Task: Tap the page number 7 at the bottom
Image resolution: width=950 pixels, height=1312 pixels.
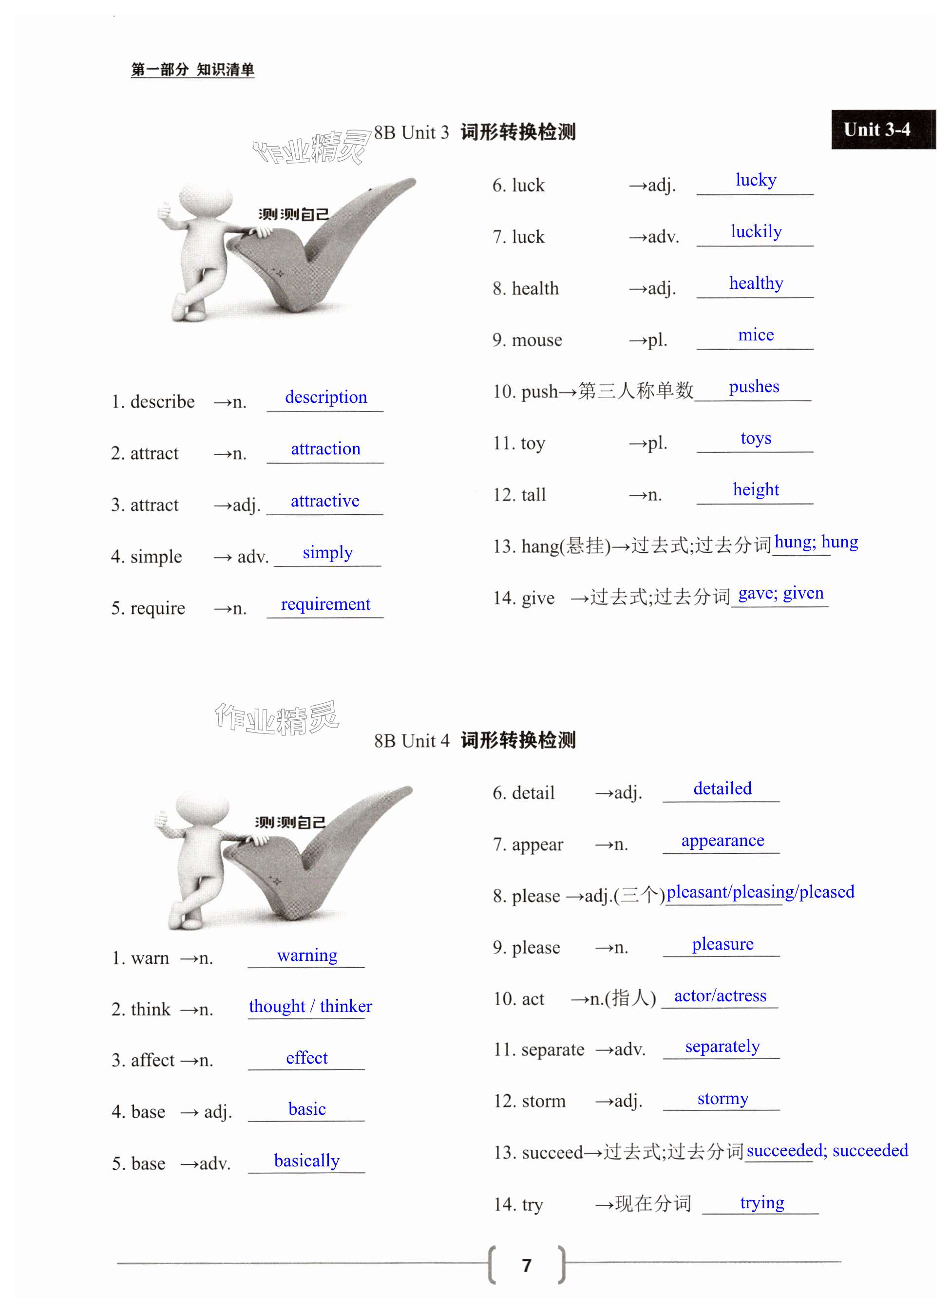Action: tap(526, 1265)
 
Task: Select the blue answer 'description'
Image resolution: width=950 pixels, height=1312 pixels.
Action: tap(326, 397)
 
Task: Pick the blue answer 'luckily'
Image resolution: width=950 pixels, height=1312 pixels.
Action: tap(756, 231)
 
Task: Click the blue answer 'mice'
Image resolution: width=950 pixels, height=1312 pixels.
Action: tap(755, 335)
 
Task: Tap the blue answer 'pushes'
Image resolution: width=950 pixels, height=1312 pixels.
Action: tap(753, 386)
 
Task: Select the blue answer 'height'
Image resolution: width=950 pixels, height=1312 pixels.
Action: tap(755, 489)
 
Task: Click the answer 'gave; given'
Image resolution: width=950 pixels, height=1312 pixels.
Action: tap(780, 593)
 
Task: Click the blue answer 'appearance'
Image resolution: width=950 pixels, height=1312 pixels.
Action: tap(722, 840)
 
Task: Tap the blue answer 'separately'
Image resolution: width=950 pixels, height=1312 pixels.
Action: tap(722, 1047)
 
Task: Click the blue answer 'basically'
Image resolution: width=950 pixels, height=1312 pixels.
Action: tap(306, 1161)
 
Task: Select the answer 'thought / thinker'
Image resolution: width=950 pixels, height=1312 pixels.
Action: tap(310, 1006)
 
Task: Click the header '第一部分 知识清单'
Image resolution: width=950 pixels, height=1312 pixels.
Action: tap(192, 70)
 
